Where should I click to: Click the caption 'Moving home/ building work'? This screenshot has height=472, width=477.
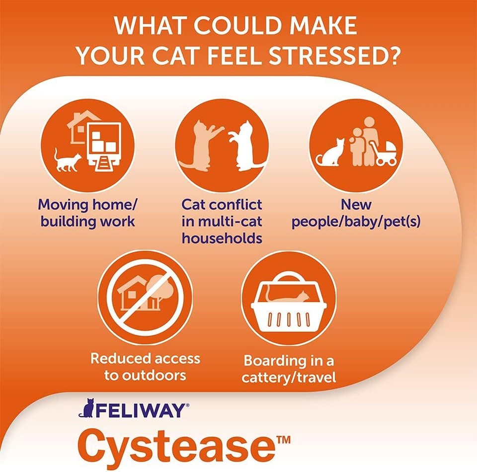pos(87,213)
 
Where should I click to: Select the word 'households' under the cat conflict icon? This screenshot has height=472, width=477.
pos(222,238)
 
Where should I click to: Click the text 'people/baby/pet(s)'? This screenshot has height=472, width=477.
pos(356,221)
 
